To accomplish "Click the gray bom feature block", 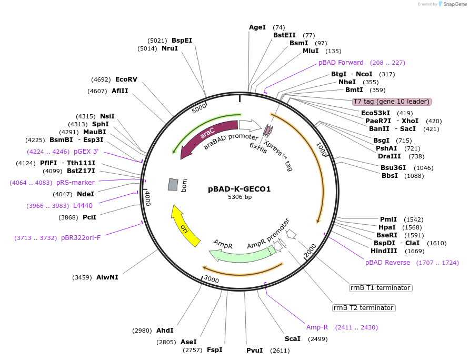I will coord(173,184).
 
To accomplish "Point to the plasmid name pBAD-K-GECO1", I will coord(239,188).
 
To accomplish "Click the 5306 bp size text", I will coord(239,197).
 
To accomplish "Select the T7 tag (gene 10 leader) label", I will coord(392,102).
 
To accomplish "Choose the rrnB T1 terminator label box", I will coord(381,288).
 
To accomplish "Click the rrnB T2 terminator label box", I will coord(364,308).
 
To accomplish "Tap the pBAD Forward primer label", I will coord(341,63).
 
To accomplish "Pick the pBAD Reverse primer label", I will coord(387,263).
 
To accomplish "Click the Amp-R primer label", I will coord(317,327).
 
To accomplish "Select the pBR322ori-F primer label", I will coord(81,238).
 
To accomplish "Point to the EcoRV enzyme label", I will coord(126,79).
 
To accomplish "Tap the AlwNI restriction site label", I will coord(107,277).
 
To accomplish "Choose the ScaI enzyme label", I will coord(293,339).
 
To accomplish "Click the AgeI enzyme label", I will coord(257,27).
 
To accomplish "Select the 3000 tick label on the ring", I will coord(212,279).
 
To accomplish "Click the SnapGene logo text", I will coord(455,4).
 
